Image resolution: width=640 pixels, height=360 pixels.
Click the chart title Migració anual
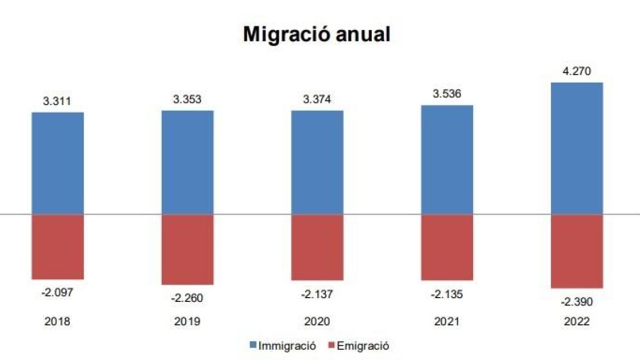tap(317, 34)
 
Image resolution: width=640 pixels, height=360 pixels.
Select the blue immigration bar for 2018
tap(58, 163)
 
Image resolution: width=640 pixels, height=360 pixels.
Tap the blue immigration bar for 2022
tap(577, 148)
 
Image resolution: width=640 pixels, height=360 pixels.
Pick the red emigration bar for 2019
tap(188, 249)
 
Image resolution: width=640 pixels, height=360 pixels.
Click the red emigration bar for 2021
tap(447, 247)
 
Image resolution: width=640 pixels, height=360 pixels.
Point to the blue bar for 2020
tap(317, 162)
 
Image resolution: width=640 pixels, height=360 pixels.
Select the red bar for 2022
tap(577, 251)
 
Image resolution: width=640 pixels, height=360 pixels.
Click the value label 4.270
tap(577, 71)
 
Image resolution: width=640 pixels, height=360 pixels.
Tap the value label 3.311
tap(58, 101)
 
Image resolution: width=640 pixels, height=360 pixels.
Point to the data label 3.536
tap(447, 94)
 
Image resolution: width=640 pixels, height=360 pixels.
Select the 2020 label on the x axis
tap(317, 322)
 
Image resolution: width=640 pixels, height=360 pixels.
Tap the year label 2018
tap(58, 322)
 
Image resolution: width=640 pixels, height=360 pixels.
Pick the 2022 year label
tap(577, 322)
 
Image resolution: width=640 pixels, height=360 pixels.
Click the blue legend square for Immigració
tap(253, 346)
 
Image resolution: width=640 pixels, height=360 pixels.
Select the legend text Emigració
tap(363, 346)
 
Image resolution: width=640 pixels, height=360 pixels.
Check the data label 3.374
tap(317, 100)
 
